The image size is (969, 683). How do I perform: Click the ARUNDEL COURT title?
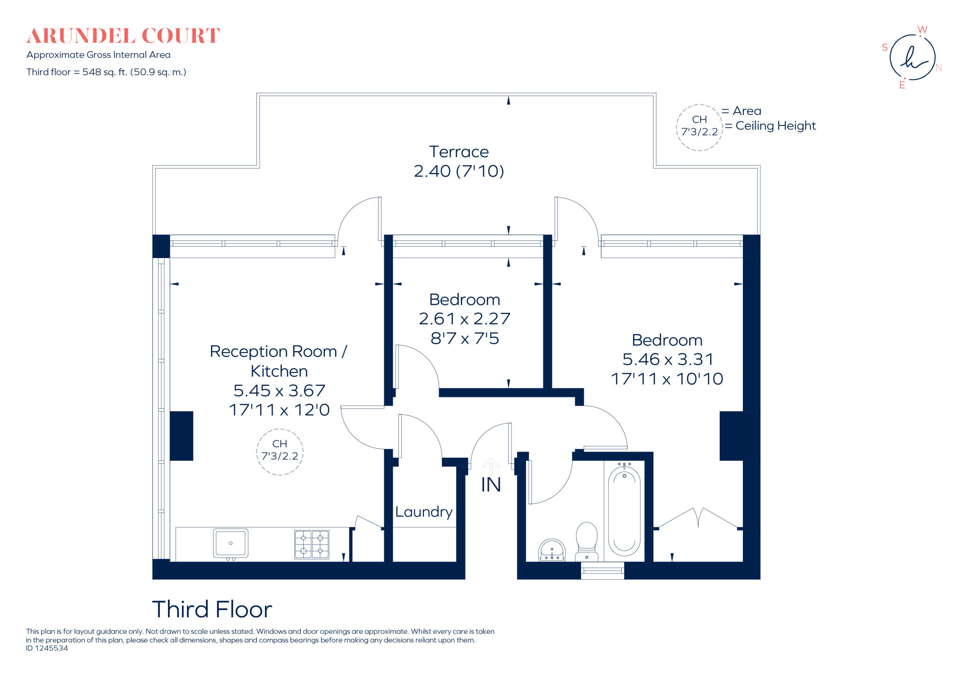pos(123,36)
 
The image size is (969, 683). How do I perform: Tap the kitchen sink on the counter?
pos(230,543)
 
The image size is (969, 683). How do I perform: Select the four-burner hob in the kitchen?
pos(312,544)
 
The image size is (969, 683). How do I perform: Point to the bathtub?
pos(624,511)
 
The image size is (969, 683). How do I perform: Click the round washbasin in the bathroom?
pos(552,550)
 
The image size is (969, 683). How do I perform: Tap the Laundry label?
pos(424,512)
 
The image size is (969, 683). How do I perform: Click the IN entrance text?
pos(491,485)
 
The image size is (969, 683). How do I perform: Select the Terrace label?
pos(458,152)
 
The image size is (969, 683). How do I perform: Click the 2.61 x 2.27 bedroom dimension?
pos(465,319)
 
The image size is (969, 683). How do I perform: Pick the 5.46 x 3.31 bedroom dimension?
pos(668,359)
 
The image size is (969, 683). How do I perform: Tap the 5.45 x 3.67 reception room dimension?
pos(279,390)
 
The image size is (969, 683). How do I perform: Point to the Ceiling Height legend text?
pos(775,125)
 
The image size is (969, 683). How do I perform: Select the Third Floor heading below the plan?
pos(212,609)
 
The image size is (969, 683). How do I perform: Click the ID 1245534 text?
pos(47,648)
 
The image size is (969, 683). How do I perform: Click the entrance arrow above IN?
pos(491,465)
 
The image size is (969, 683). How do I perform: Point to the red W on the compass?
pos(922,30)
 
